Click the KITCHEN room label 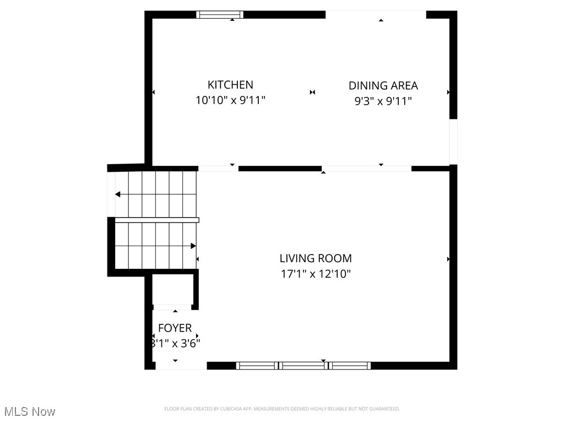click(x=230, y=85)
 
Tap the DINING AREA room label click(x=383, y=86)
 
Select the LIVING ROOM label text click(x=315, y=258)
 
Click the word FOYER click(x=175, y=328)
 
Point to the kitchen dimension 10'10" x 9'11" click(x=230, y=101)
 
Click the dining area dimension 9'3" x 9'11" click(x=383, y=101)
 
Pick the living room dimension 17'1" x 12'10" click(x=315, y=274)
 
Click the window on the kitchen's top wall click(x=220, y=15)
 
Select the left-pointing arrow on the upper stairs click(x=118, y=194)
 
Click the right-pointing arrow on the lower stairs click(x=193, y=246)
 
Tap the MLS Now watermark click(x=29, y=411)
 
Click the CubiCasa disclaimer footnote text click(x=281, y=409)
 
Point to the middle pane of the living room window click(x=303, y=365)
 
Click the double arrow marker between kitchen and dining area click(x=312, y=93)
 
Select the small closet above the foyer click(x=172, y=289)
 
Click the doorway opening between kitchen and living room click(x=218, y=168)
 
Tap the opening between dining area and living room click(x=366, y=168)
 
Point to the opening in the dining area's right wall click(x=453, y=142)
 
